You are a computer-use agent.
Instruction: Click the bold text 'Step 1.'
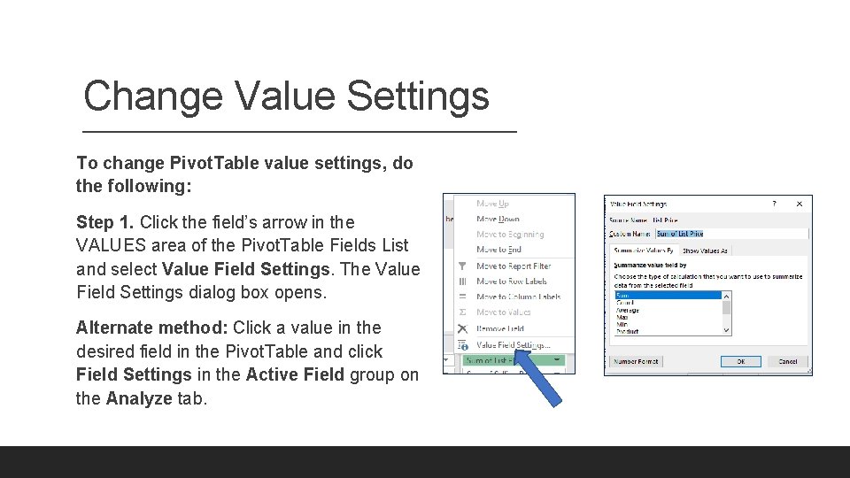tap(104, 222)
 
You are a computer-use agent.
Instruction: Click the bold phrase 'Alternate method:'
tap(151, 328)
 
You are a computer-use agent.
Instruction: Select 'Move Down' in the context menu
tap(498, 219)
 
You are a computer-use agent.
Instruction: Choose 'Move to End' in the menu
tap(498, 250)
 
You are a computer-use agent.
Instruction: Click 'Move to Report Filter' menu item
tap(513, 266)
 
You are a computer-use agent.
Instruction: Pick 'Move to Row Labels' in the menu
tap(512, 281)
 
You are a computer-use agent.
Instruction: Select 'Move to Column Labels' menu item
tap(518, 297)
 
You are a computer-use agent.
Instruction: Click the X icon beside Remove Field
tap(462, 328)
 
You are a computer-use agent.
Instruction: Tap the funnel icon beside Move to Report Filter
tap(462, 266)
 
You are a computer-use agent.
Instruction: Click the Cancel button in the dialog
tap(787, 361)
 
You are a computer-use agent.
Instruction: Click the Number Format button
tap(636, 361)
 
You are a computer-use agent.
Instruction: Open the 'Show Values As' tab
tap(705, 251)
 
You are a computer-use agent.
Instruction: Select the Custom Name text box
tap(730, 234)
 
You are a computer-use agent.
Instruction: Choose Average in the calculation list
tap(628, 311)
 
